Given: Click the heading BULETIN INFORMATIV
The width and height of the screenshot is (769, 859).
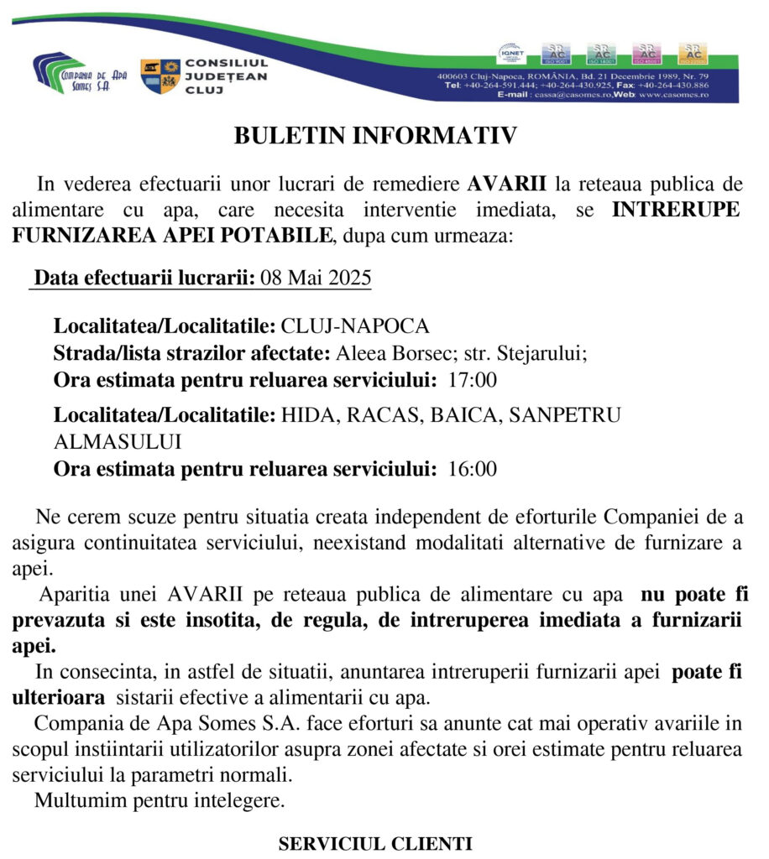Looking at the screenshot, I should [x=376, y=136].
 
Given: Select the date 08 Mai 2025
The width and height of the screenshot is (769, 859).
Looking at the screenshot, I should [x=316, y=279].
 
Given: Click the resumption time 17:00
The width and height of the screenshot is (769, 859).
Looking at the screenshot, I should [x=473, y=379].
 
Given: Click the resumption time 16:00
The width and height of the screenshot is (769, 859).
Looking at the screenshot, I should [x=473, y=469].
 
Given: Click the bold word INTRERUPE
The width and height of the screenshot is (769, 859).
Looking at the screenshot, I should [x=675, y=210].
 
